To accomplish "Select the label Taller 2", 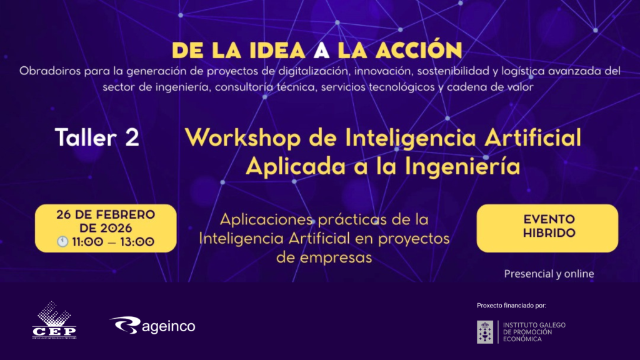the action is click(97, 137).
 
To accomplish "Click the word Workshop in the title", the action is click(243, 138).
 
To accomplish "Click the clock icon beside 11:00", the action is click(62, 242).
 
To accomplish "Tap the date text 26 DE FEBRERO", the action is click(106, 214).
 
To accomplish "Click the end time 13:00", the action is click(137, 242).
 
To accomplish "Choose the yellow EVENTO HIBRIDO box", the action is click(547, 228).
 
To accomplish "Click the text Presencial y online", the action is click(549, 274).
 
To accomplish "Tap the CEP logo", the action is click(54, 321).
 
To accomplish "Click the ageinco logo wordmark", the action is click(169, 326).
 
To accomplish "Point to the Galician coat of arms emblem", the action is click(485, 332).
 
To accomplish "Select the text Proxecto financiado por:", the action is click(511, 305).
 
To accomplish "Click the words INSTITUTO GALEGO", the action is click(534, 325).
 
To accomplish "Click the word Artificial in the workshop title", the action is click(532, 137).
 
